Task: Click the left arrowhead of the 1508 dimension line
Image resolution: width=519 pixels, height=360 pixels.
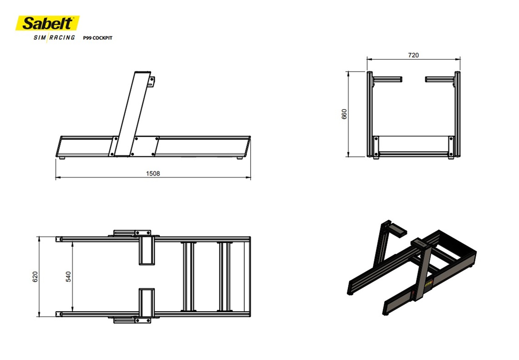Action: (58, 178)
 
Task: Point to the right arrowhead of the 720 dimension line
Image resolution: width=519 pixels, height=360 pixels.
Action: (458, 59)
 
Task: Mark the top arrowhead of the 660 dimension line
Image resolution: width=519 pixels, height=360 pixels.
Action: (348, 74)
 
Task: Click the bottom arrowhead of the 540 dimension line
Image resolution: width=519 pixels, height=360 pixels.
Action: (73, 309)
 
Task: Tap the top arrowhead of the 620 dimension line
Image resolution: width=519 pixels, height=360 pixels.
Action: (39, 239)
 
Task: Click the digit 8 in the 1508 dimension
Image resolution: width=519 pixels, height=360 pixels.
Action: (158, 174)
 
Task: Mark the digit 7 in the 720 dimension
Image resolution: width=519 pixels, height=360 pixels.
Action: (410, 55)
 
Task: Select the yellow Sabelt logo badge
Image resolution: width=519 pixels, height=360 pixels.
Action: (48, 23)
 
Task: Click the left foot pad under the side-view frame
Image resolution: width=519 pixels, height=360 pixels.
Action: (61, 158)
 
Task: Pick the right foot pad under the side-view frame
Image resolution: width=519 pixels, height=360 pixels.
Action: (240, 158)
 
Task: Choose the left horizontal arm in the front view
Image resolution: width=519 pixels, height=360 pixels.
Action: (387, 79)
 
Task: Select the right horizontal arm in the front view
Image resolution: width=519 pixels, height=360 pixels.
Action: (440, 79)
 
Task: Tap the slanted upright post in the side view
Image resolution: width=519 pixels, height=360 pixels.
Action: (132, 114)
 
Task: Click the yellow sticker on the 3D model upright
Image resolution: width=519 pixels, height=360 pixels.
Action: (428, 283)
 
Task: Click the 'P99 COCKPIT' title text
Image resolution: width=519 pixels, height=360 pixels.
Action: (97, 38)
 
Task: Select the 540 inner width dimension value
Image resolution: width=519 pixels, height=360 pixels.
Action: (69, 277)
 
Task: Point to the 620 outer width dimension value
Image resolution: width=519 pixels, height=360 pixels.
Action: (35, 277)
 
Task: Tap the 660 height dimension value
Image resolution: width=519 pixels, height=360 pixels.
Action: (344, 114)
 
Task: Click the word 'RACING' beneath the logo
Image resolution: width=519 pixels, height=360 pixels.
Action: (62, 38)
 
